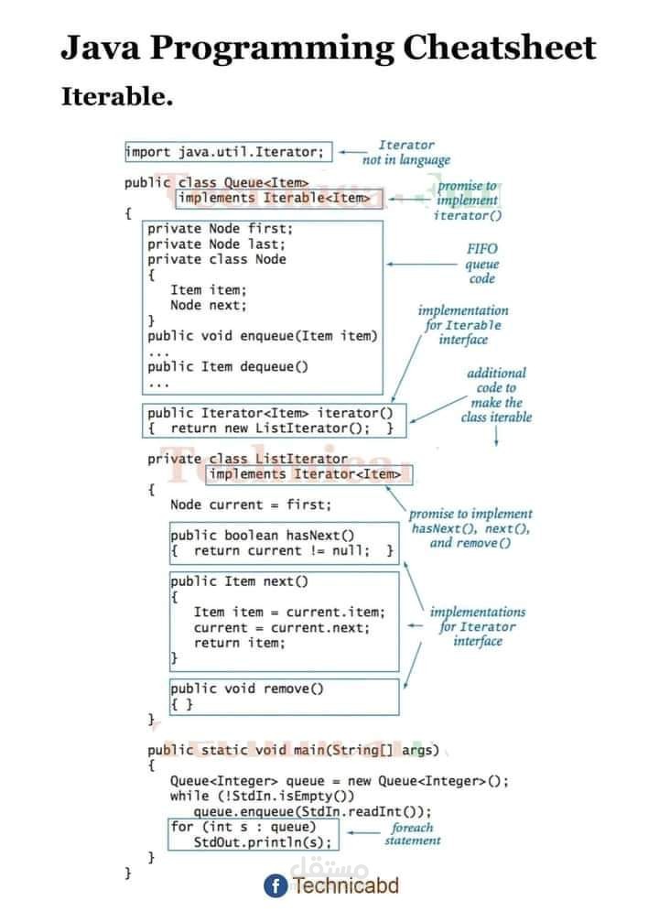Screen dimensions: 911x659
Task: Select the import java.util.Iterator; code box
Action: pyautogui.click(x=227, y=152)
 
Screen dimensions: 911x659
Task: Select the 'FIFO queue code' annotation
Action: pyautogui.click(x=481, y=264)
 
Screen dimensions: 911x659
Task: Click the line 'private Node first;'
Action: pyautogui.click(x=220, y=229)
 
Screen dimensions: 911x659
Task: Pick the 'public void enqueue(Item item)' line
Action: pyautogui.click(x=262, y=336)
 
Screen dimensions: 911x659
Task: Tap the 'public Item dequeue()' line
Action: pyautogui.click(x=228, y=366)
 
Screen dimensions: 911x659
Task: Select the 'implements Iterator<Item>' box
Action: pyautogui.click(x=309, y=474)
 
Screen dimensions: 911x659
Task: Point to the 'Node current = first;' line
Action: pyautogui.click(x=251, y=504)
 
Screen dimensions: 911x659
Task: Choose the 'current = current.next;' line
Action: pyautogui.click(x=282, y=628)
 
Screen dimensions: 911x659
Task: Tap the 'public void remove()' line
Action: pyautogui.click(x=247, y=689)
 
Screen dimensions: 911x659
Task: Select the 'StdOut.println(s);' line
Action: pyautogui.click(x=262, y=842)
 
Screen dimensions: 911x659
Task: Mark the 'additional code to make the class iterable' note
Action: pyautogui.click(x=496, y=395)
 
